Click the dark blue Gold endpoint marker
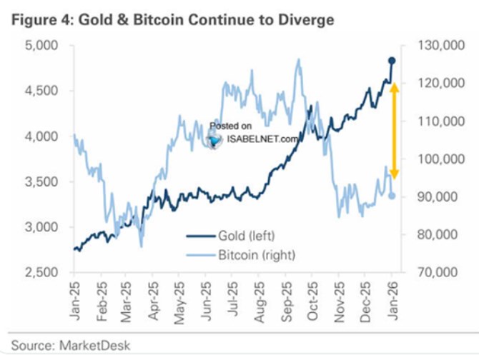point(392,61)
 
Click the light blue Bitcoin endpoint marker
point(392,196)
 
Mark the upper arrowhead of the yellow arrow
point(393,88)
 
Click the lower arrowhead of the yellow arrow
point(393,174)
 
